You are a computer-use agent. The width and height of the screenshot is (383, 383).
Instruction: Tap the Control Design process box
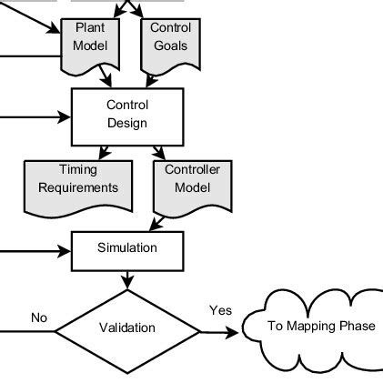[x=127, y=116]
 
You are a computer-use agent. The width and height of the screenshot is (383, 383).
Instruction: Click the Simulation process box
[x=127, y=247]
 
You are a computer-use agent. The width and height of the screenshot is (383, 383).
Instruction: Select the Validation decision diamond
[x=127, y=328]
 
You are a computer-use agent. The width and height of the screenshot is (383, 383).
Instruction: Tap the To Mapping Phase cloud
[x=320, y=328]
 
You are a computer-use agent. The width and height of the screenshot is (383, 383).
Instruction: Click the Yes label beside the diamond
[x=220, y=310]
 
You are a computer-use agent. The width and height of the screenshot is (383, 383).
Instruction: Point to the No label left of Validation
[x=39, y=317]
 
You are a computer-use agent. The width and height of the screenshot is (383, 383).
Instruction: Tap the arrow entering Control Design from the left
[x=36, y=116]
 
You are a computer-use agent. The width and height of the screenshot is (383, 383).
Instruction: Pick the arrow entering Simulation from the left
[x=36, y=247]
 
